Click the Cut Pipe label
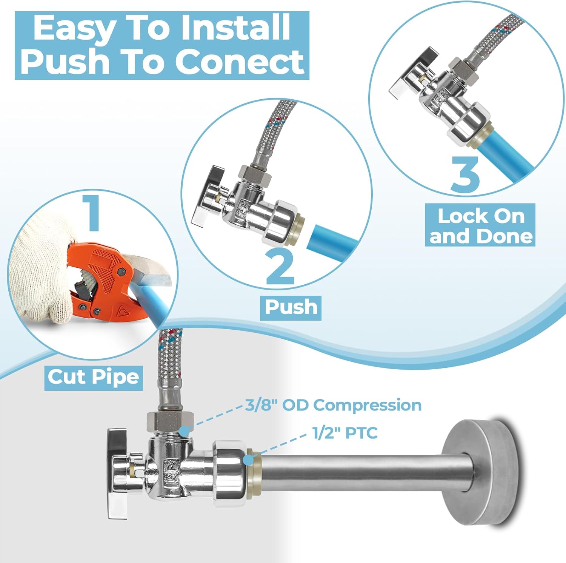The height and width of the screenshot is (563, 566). pyautogui.click(x=93, y=377)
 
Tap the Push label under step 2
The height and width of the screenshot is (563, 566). pyautogui.click(x=291, y=307)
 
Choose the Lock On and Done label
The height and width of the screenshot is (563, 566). pyautogui.click(x=480, y=225)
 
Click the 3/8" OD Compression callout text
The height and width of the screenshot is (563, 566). pyautogui.click(x=333, y=405)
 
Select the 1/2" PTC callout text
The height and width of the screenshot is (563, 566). pyautogui.click(x=345, y=433)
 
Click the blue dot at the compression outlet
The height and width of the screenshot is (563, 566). pyautogui.click(x=184, y=431)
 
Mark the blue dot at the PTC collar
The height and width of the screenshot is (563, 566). pyautogui.click(x=248, y=460)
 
